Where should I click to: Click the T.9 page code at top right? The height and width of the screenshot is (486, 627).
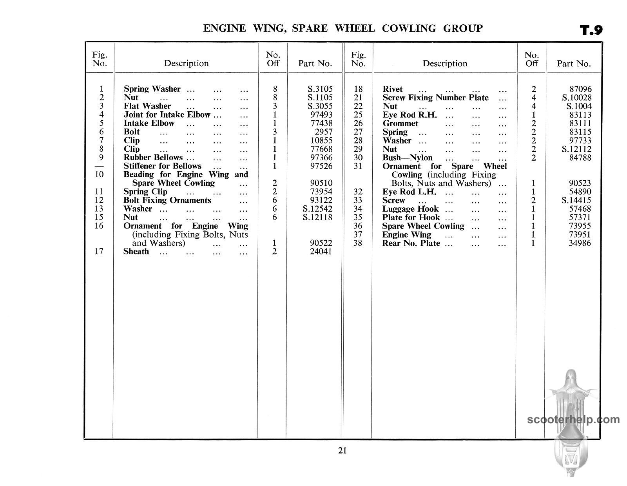coord(591,30)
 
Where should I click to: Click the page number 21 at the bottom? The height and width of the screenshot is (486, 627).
coord(342,450)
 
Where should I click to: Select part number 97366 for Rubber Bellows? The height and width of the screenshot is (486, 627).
coord(321,158)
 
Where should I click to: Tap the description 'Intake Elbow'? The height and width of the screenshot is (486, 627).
coord(149,123)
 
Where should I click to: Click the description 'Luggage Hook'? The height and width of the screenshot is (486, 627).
coord(410,209)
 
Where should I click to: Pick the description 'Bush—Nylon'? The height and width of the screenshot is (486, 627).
coord(407,158)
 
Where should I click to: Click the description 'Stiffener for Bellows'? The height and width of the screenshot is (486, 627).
coord(162,166)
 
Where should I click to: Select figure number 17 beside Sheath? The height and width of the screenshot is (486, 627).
coord(99,251)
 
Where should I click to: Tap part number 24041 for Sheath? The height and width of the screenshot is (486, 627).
coord(321,252)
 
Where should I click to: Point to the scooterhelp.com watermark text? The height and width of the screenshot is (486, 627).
coord(573,420)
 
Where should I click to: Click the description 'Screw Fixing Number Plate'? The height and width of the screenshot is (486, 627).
coord(435,98)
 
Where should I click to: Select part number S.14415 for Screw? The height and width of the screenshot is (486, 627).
coord(576,200)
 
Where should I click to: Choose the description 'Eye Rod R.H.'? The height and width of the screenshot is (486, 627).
coord(410,115)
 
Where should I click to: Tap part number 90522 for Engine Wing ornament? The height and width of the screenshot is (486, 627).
coord(321,243)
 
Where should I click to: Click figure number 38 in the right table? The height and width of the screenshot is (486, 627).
coord(358,243)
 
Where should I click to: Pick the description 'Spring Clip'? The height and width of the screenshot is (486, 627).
coord(145,192)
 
